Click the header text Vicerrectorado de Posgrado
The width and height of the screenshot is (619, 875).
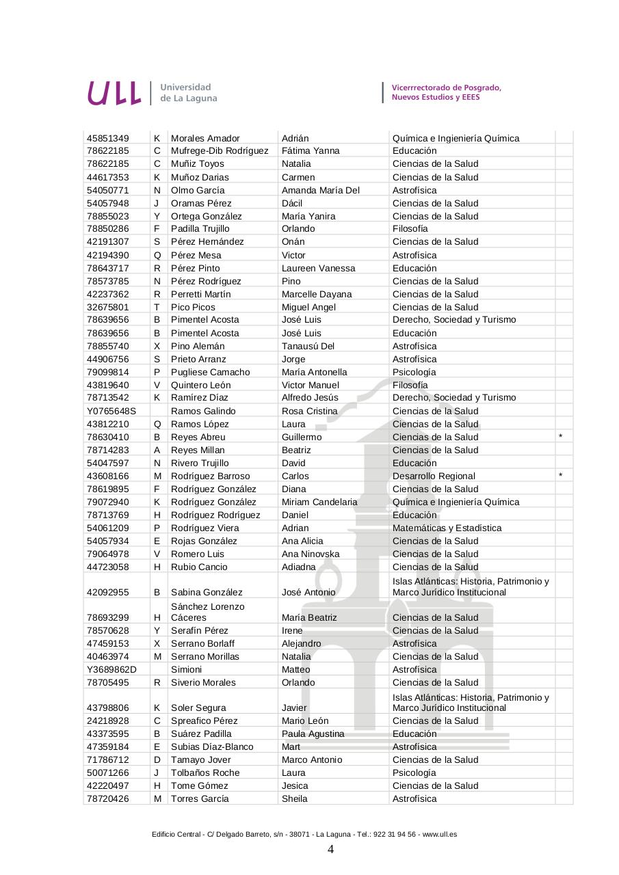point(446,87)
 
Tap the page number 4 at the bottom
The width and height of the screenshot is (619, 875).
point(330,850)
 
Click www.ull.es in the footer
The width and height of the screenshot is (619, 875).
point(439,834)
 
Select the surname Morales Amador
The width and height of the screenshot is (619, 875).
point(205,138)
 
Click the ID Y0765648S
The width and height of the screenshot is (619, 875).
point(111,411)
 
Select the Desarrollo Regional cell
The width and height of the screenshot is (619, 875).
point(434,476)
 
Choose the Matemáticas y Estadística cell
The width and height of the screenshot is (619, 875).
point(447,528)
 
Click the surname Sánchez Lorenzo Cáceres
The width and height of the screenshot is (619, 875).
point(207,612)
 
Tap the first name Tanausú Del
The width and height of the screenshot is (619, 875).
point(308,346)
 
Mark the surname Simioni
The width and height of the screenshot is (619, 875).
point(186,669)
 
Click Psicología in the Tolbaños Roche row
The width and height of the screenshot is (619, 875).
point(414,772)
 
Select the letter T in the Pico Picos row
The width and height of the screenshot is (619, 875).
point(157,307)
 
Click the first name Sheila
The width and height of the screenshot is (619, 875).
point(295,798)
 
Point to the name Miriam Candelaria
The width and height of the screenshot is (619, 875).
point(319,502)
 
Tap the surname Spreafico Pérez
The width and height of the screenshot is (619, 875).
point(204,721)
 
